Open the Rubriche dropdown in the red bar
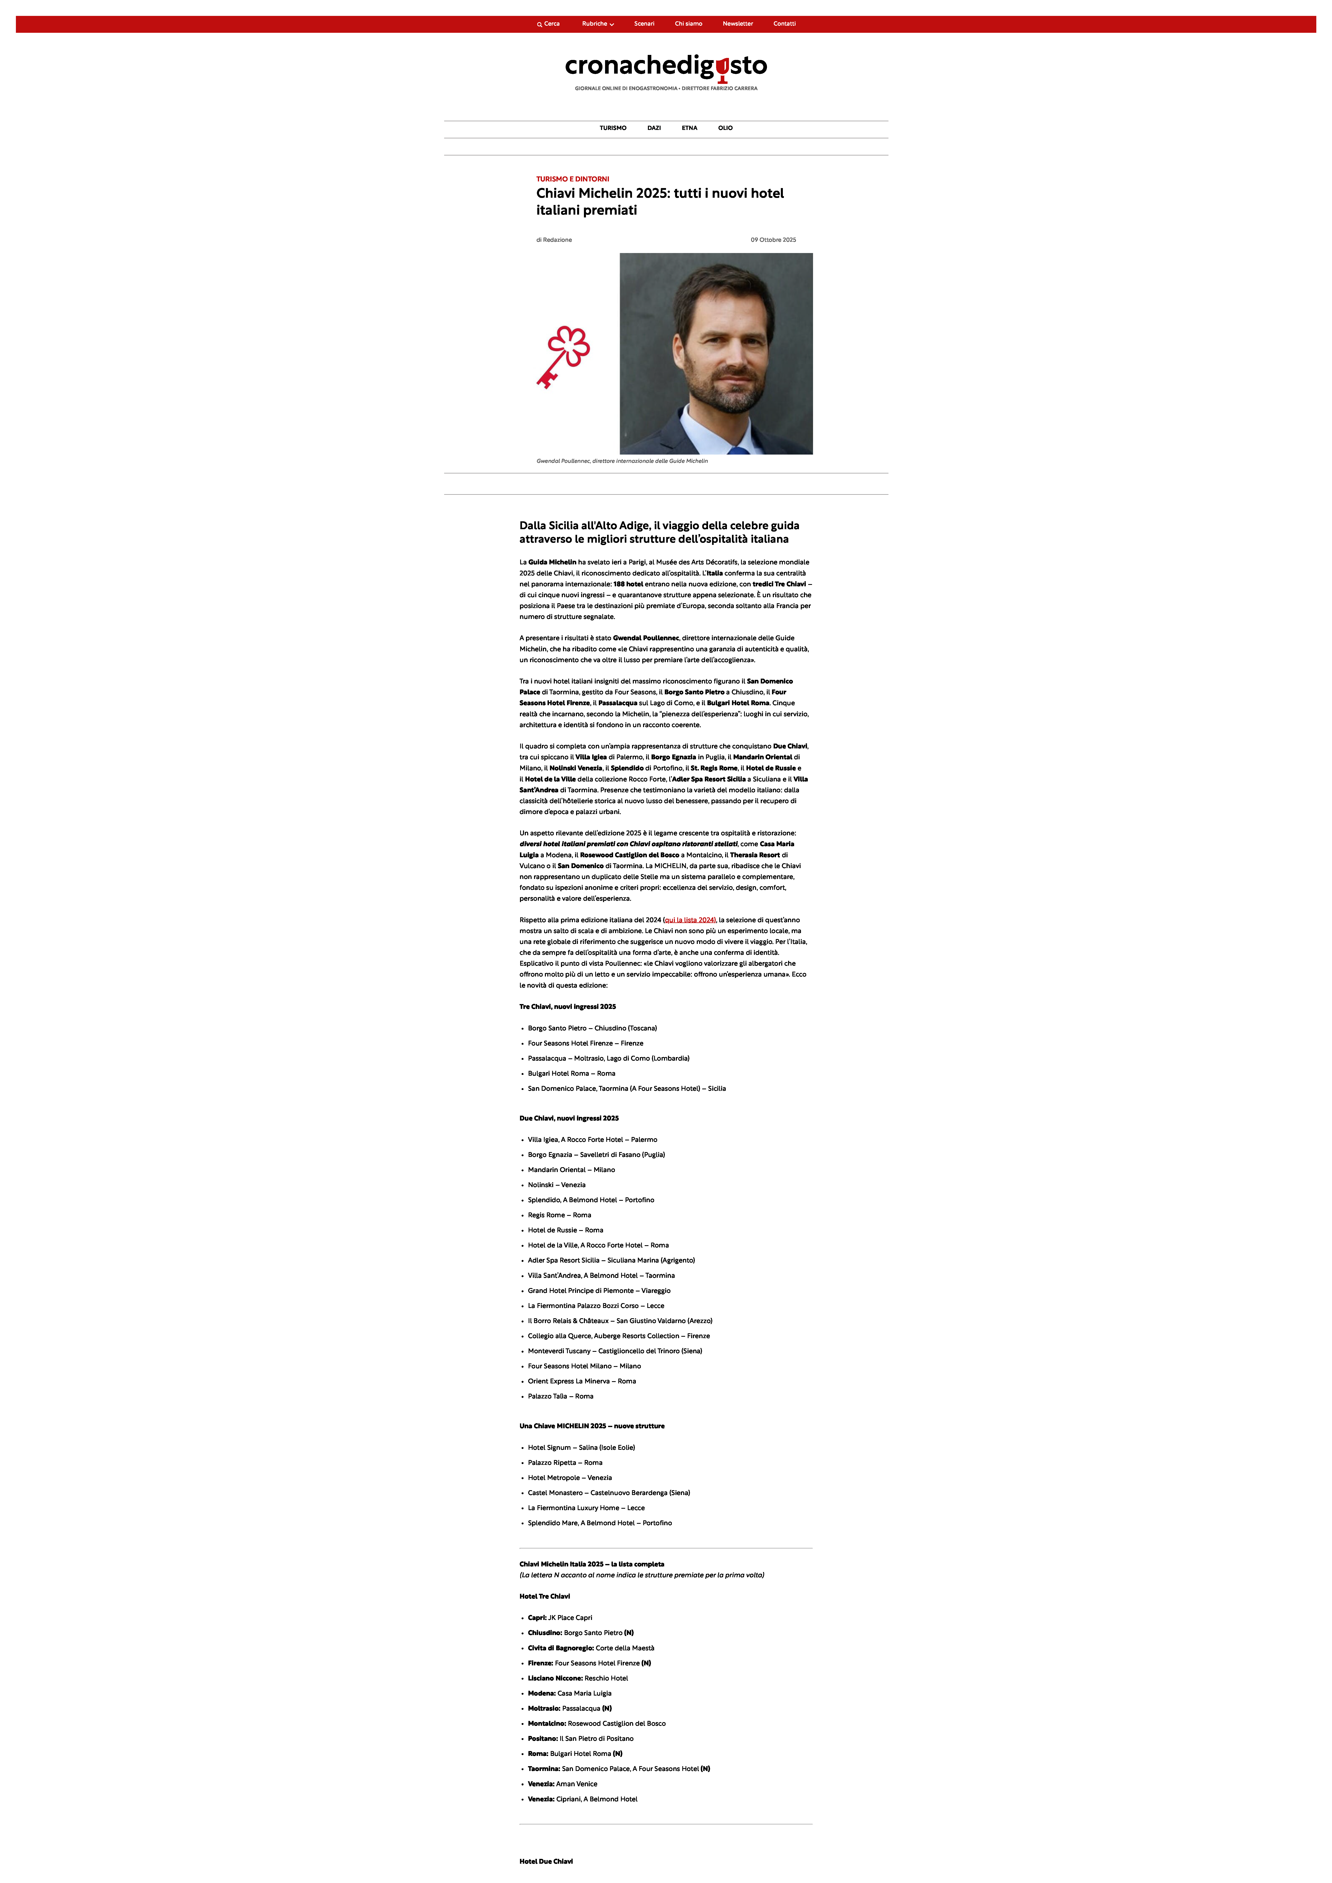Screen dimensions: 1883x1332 pos(597,24)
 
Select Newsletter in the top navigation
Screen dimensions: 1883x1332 pos(737,24)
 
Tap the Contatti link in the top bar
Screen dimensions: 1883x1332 pos(784,24)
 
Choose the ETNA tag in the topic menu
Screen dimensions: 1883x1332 pos(689,128)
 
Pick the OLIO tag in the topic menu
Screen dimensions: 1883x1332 pos(725,128)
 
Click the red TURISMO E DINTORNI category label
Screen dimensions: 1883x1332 pos(572,179)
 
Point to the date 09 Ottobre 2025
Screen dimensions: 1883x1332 pos(773,240)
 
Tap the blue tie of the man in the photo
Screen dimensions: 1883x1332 pos(738,449)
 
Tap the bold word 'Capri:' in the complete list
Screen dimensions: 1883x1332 pos(537,1617)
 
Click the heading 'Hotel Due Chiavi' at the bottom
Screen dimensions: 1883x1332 pos(546,1861)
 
